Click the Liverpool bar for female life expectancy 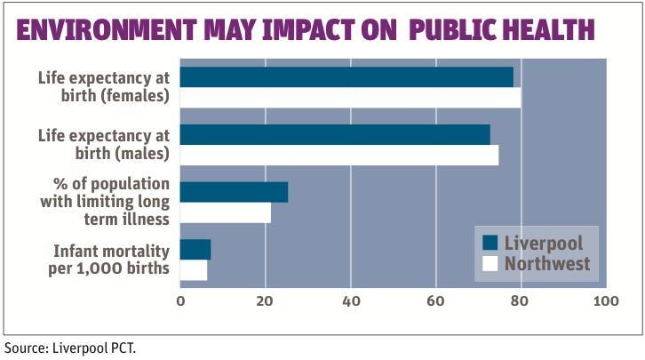point(346,77)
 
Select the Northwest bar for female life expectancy point(350,97)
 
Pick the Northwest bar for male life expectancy point(339,155)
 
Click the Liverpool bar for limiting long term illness point(234,192)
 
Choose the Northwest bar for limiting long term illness point(225,212)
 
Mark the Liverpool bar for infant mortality point(195,250)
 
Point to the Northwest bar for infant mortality point(194,269)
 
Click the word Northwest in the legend point(547,264)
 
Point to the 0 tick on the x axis point(180,302)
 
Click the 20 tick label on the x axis point(265,302)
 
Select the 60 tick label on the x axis point(435,302)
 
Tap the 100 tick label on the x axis point(606,302)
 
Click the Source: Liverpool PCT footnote point(71,348)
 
